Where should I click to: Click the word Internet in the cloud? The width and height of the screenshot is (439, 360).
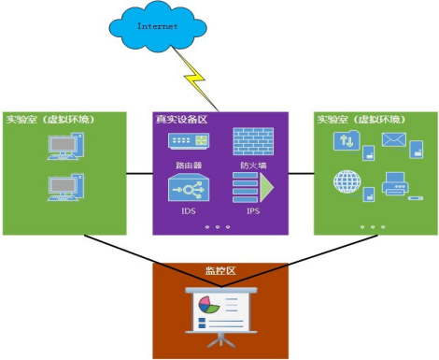click(158, 26)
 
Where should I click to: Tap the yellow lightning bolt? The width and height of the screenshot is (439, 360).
click(195, 79)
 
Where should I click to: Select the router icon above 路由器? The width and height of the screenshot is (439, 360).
click(189, 141)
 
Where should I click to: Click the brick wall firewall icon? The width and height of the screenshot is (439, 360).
click(253, 141)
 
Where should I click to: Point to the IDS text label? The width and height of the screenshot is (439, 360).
click(189, 211)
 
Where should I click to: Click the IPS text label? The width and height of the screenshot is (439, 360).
click(253, 211)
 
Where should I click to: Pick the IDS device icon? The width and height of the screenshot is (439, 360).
click(189, 187)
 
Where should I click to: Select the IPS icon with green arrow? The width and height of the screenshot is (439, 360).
click(253, 187)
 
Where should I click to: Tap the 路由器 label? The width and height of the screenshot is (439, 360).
click(189, 166)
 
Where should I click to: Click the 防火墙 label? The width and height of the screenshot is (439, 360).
click(253, 166)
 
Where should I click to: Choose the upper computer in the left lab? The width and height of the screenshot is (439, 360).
click(65, 146)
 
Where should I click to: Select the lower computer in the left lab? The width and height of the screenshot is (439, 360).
click(65, 187)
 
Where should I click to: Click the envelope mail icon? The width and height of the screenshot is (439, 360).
click(394, 139)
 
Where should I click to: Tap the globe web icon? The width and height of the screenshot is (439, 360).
click(347, 181)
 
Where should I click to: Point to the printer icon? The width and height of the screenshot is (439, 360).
click(395, 183)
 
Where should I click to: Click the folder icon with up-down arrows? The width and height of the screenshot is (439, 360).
click(347, 140)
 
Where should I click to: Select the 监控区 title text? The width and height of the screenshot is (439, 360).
click(220, 270)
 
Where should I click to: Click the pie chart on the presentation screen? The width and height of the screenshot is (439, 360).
click(209, 305)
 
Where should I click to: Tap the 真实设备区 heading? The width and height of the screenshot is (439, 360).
click(181, 119)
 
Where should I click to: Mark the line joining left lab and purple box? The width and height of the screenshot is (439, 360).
click(139, 174)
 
